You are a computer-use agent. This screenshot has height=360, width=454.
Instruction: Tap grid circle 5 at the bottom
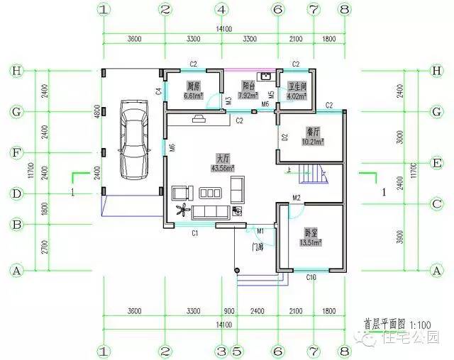236,351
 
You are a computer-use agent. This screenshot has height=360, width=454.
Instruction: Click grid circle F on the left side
14,152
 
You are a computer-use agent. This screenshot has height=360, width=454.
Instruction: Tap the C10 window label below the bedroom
311,278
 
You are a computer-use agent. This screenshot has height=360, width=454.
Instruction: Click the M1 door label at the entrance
260,231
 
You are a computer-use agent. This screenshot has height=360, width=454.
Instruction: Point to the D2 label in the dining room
284,137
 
